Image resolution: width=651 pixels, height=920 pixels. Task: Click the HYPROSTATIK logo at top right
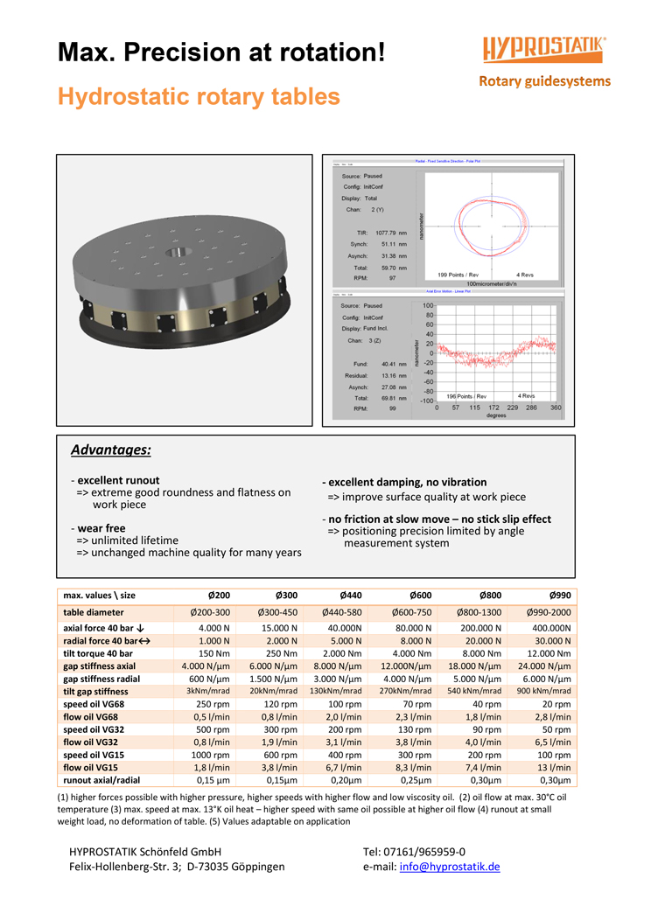tap(544, 49)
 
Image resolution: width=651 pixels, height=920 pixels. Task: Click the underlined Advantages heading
tap(110, 450)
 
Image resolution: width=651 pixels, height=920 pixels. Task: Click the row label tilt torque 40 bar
tap(98, 653)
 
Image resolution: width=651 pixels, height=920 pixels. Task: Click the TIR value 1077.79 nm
tap(392, 233)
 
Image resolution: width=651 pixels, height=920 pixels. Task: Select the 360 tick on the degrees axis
tap(555, 408)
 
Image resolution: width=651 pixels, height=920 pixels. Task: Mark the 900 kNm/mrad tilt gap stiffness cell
tap(544, 691)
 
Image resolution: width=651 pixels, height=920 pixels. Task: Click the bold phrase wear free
tap(101, 528)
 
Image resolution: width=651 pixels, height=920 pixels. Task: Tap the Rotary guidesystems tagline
tap(544, 81)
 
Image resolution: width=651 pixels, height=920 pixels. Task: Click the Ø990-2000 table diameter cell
tap(547, 612)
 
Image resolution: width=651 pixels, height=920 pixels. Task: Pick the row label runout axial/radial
tap(101, 780)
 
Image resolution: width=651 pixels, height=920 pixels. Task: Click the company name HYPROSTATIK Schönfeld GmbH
tap(144, 852)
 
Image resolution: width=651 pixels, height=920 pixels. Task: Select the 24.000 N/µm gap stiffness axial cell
tap(544, 666)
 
